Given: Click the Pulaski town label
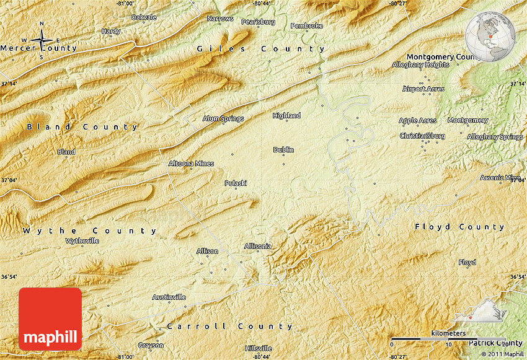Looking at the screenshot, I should click(236, 183).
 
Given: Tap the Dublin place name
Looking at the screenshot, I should click(283, 150).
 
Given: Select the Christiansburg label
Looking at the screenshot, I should click(422, 136).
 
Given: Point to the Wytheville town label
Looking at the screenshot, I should click(82, 240).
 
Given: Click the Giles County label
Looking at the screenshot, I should click(260, 48).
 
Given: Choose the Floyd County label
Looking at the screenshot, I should click(459, 227).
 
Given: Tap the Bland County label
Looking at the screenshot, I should click(82, 127).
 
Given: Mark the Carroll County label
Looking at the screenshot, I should click(229, 326).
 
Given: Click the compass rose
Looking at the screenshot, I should click(42, 41).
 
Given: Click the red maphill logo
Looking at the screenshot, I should click(50, 319).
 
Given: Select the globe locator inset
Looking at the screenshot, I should click(490, 36).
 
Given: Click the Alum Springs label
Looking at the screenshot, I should click(223, 118).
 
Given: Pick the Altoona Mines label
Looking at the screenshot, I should click(191, 164).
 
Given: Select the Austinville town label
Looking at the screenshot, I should click(169, 297).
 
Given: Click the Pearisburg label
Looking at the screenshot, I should click(258, 22).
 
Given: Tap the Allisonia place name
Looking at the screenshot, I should click(258, 246).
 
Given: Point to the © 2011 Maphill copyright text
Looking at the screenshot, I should click(502, 354).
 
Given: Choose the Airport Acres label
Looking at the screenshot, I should click(423, 89).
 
